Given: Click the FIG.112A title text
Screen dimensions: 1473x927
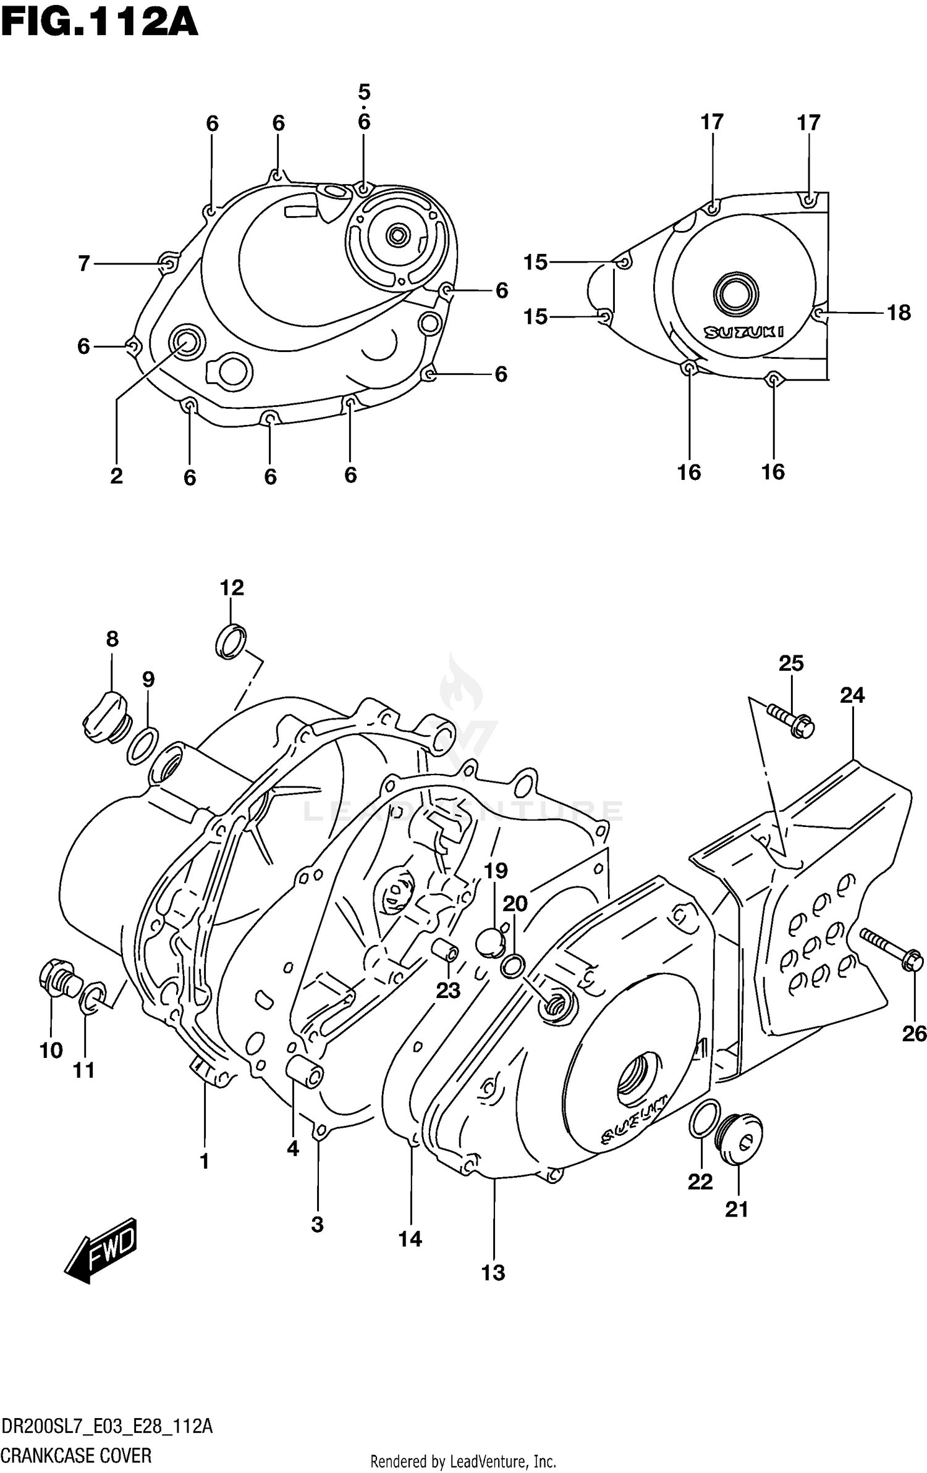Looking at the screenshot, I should pos(99,23).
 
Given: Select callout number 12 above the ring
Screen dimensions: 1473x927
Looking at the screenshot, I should pos(232,587).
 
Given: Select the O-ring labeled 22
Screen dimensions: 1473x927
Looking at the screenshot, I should pos(704,1118).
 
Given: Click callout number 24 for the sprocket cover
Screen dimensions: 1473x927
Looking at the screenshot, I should pos(852,695).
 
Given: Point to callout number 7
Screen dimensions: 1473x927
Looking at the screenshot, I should pos(85,264).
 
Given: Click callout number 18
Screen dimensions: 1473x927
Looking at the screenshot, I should pos(899,313).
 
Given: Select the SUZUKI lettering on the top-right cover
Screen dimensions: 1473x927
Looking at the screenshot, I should pos(744,332).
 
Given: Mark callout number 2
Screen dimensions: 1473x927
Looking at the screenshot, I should pos(116,476).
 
